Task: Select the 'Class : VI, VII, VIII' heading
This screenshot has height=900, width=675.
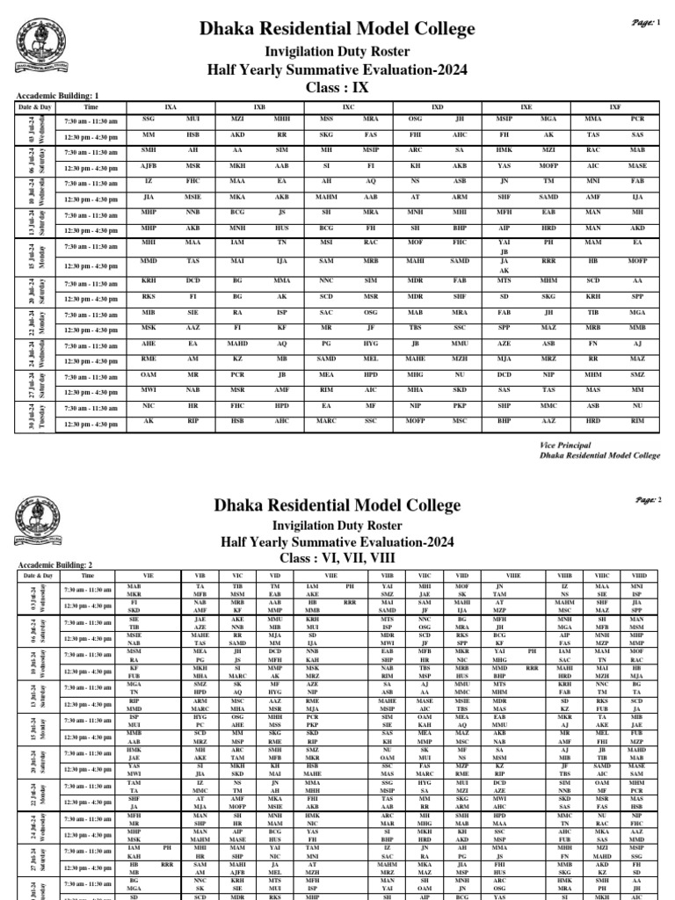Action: (x=337, y=557)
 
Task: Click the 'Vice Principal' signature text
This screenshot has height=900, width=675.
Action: (x=567, y=446)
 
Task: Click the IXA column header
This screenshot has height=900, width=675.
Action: (x=171, y=105)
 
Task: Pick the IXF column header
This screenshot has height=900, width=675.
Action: (x=613, y=105)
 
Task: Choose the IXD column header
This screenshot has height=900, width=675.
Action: (x=437, y=105)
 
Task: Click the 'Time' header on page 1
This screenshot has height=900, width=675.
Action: (x=91, y=105)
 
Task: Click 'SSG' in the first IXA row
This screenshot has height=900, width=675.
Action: (x=149, y=117)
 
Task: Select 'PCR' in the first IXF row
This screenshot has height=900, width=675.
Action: (x=637, y=117)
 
